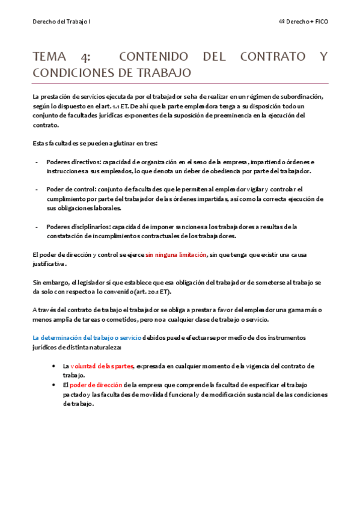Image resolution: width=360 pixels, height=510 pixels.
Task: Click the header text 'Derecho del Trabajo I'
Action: (62, 21)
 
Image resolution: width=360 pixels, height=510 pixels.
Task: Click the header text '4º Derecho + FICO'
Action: (304, 21)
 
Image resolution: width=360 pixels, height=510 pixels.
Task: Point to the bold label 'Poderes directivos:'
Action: (74, 162)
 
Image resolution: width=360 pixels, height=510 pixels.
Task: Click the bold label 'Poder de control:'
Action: (70, 189)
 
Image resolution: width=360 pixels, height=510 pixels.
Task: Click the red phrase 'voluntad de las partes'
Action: (102, 366)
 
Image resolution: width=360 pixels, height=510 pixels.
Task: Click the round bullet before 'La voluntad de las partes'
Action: (56, 366)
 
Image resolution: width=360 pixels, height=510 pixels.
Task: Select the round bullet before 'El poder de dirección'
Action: (56, 385)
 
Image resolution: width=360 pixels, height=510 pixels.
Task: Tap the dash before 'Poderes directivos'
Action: (38, 162)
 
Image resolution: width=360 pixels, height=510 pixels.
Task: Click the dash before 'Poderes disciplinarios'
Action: (38, 226)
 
